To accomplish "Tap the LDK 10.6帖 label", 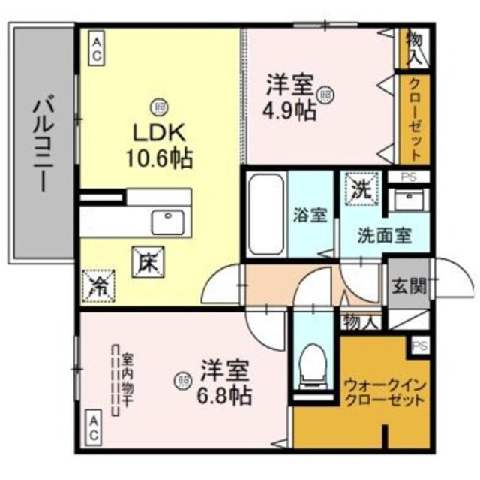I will [x=162, y=146].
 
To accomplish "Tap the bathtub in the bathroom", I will [x=263, y=213].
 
